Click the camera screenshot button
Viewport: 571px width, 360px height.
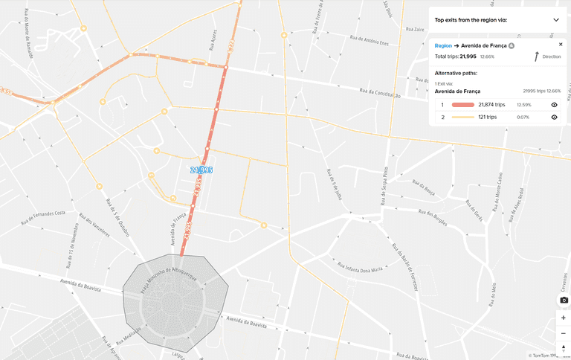564,300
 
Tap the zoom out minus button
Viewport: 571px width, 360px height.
564,332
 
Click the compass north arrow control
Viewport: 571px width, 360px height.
564,348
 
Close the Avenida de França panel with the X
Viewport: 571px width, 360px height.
561,45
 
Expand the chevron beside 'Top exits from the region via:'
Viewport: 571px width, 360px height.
555,20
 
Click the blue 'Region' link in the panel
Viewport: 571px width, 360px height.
443,45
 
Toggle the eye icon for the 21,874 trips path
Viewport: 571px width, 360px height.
554,105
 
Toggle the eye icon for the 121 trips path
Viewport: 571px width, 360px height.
554,117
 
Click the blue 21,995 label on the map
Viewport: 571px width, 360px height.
201,170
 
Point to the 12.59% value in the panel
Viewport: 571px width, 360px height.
523,105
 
